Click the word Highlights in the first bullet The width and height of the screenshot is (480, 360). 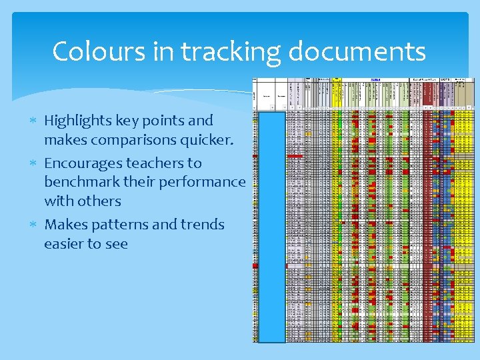tap(73, 121)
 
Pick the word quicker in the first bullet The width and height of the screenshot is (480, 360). tap(209, 140)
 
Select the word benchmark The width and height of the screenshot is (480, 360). tap(79, 182)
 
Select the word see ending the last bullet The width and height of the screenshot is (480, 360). tap(115, 244)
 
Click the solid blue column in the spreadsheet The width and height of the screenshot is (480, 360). tap(271, 227)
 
